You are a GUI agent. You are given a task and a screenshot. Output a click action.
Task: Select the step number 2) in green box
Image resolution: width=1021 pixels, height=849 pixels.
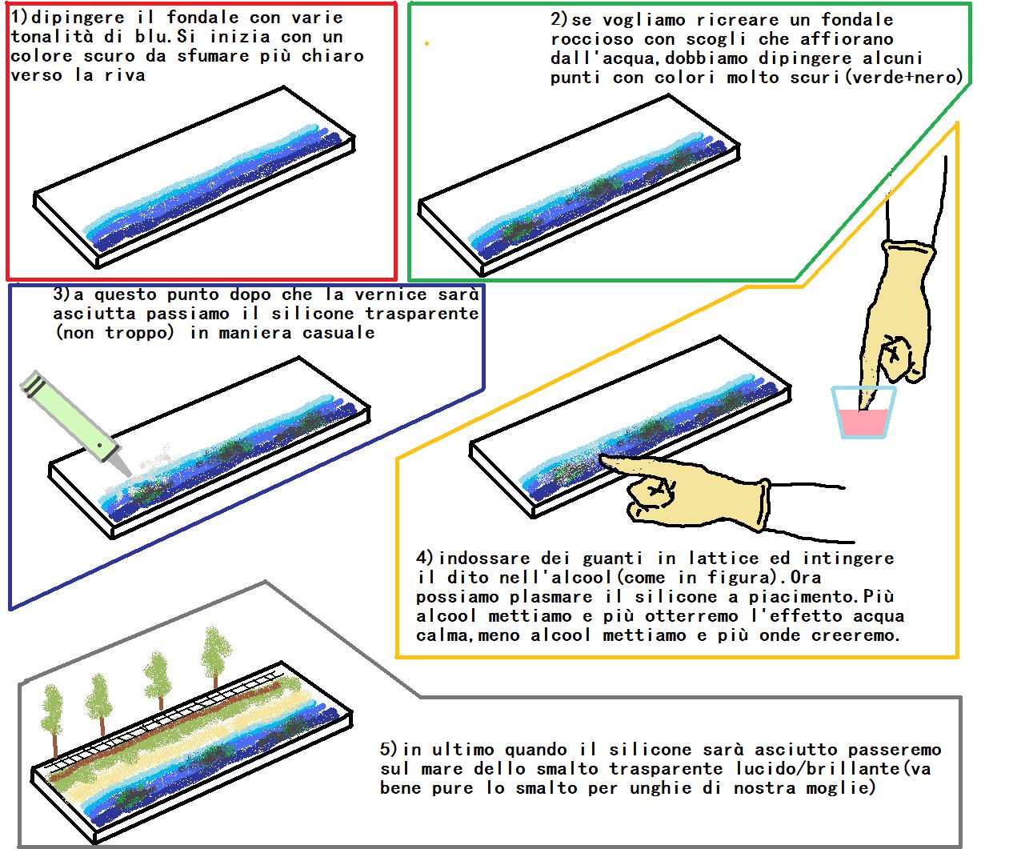pyautogui.click(x=559, y=19)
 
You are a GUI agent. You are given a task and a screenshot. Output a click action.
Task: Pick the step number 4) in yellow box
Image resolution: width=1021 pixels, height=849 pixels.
pyautogui.click(x=426, y=558)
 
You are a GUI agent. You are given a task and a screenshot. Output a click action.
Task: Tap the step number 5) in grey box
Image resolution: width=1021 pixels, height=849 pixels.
pyautogui.click(x=390, y=750)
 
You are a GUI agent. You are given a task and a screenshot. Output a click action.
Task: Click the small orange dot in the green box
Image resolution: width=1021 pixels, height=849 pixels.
pyautogui.click(x=426, y=44)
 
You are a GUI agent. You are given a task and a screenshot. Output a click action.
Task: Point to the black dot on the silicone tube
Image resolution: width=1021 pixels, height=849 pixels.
pyautogui.click(x=98, y=444)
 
